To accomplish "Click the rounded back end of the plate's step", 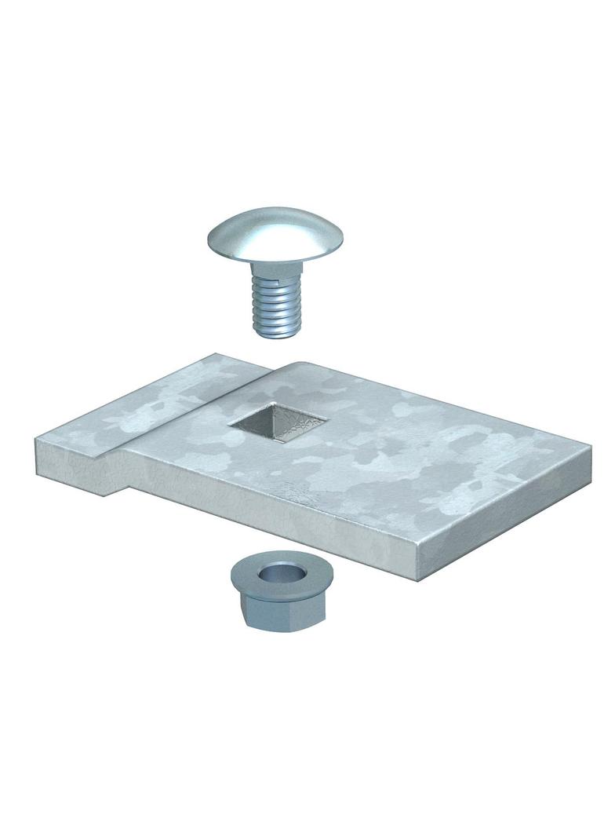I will click(x=302, y=366).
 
